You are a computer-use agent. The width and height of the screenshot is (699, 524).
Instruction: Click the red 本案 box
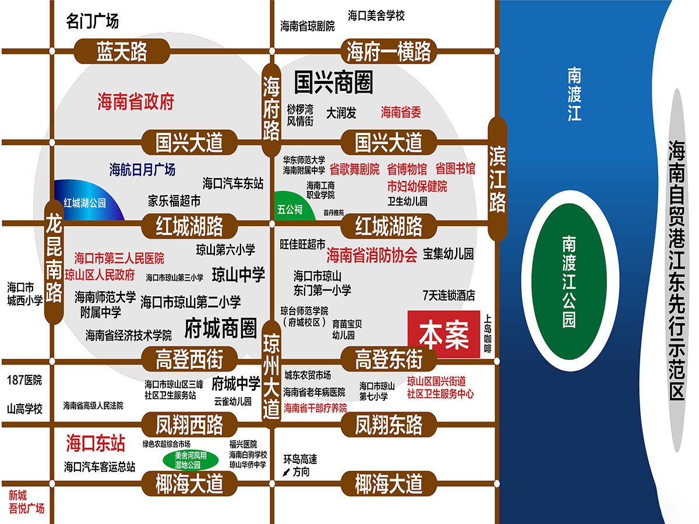coord(443,334)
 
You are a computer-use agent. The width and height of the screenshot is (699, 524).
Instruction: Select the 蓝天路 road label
coord(122,52)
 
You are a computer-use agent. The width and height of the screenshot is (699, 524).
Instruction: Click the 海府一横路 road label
coord(389,52)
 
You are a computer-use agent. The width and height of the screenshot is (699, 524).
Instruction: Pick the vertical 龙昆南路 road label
coord(54,268)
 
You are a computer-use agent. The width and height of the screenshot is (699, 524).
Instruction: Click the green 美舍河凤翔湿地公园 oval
coord(191,459)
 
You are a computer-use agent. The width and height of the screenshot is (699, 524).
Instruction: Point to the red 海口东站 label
coord(95,443)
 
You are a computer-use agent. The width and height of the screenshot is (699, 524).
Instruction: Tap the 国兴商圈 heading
coord(333,83)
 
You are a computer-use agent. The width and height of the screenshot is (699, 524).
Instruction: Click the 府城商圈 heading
coord(220,329)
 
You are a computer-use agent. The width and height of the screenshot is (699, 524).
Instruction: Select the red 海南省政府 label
coord(136,102)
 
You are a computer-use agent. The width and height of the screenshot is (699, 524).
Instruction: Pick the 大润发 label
coord(341,112)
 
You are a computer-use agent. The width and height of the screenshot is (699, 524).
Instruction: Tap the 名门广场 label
coord(92,22)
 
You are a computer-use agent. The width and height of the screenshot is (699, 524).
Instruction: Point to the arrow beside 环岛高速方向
coord(286,472)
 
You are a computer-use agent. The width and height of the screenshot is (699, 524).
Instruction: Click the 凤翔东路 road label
coord(389,425)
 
